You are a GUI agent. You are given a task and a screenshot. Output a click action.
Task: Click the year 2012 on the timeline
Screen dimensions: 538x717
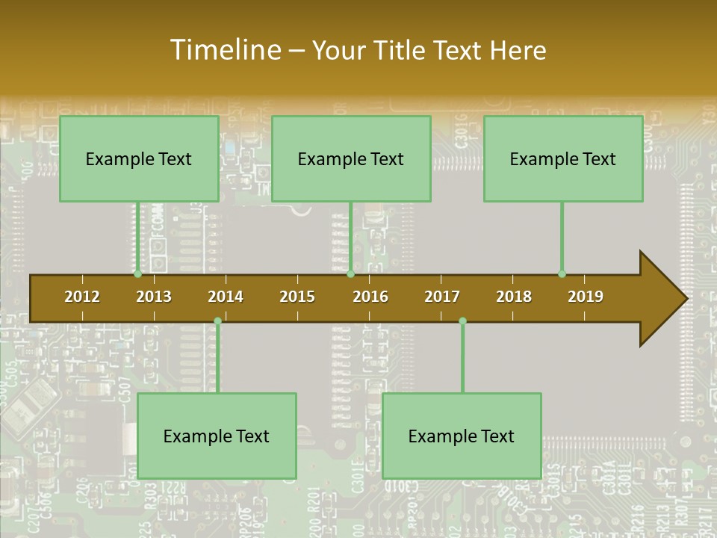pos(82,297)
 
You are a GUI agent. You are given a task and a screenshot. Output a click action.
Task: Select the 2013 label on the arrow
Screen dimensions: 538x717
pos(154,297)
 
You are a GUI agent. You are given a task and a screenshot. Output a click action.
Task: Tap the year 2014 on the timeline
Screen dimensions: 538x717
pos(226,297)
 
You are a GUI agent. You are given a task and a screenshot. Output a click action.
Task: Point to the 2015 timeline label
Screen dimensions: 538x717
pos(297,297)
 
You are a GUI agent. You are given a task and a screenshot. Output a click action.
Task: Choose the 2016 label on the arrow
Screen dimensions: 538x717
pos(370,297)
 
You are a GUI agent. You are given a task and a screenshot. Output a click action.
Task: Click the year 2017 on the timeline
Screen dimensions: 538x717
pos(442,297)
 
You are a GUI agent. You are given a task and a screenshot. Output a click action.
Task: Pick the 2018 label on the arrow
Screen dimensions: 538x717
pos(514,297)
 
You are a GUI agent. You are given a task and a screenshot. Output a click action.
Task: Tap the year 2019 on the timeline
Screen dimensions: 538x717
pos(586,297)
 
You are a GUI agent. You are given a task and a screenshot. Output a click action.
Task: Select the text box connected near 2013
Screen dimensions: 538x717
pos(139,158)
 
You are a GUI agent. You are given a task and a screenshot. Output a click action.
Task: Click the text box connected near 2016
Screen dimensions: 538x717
pos(351,158)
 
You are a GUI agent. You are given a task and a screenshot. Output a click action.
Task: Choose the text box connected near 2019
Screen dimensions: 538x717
pos(563,158)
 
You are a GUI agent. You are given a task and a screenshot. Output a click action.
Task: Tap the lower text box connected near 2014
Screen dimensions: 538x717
pos(217,436)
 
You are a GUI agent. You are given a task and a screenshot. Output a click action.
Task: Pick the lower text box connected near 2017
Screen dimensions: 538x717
pos(462,436)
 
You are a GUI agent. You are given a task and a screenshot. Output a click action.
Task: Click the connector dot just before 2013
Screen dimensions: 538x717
pos(138,274)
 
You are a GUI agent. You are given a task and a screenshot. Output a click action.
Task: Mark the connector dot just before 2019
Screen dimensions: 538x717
pos(562,274)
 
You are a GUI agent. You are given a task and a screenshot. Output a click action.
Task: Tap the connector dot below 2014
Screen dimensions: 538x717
pos(217,321)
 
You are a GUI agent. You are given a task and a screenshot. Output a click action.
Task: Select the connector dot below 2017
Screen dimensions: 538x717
pos(462,321)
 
